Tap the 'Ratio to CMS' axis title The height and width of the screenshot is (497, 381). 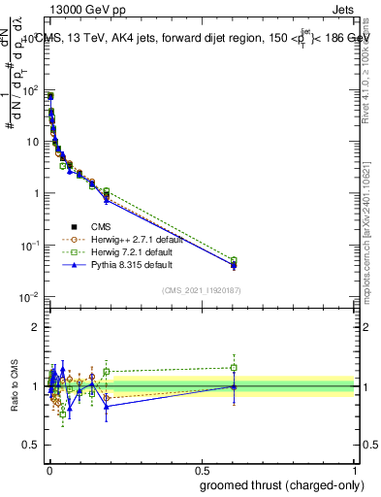(13, 385)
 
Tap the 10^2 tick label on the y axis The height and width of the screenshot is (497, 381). (31, 91)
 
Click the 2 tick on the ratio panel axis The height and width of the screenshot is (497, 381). (37, 327)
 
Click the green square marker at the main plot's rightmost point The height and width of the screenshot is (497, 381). (233, 260)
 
